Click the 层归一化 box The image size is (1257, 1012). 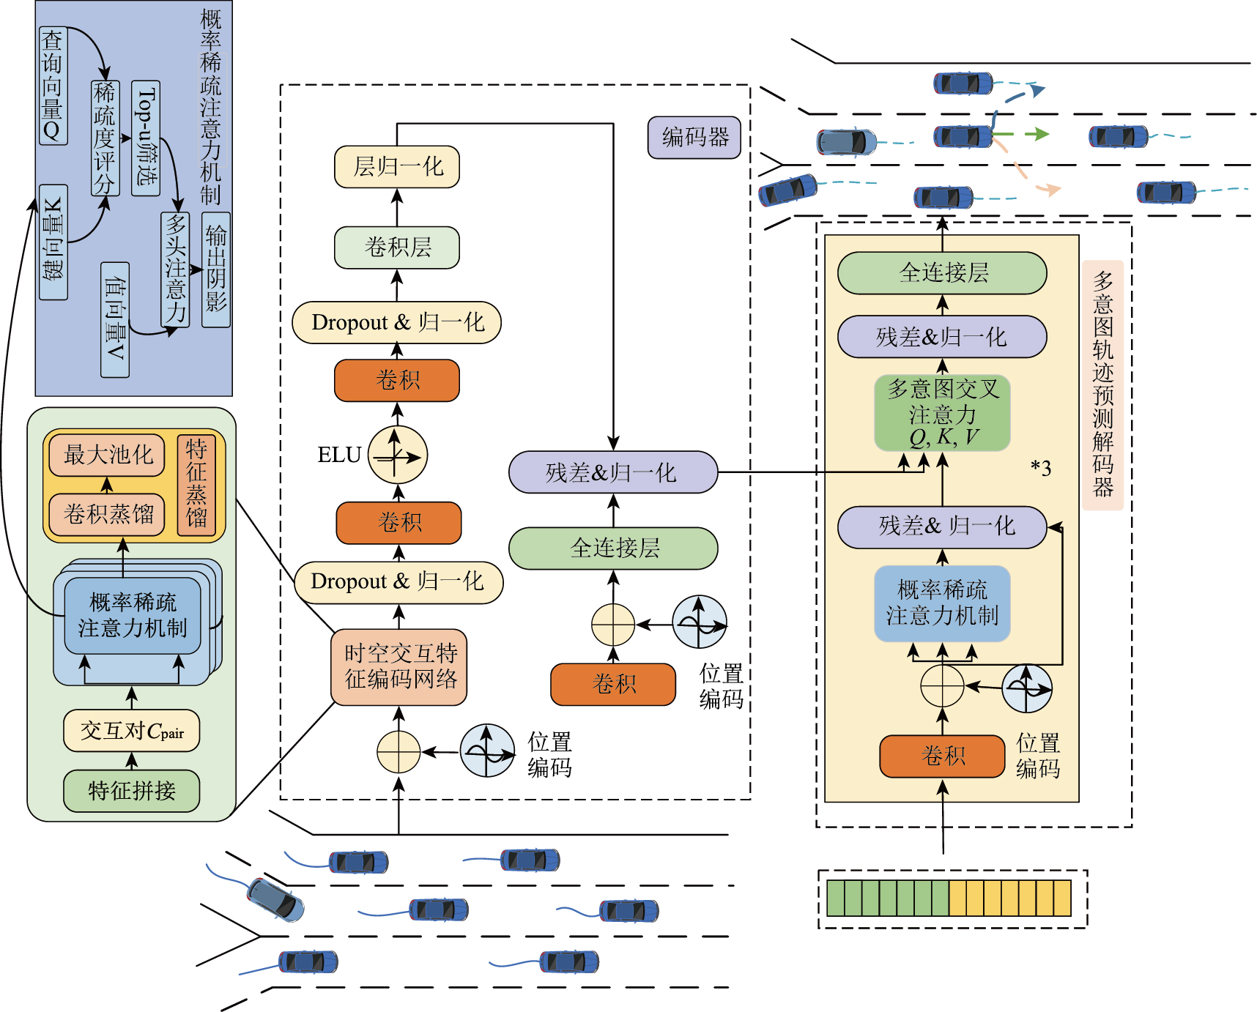coord(397,167)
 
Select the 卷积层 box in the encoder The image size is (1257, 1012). coord(397,248)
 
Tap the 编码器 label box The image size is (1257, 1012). coord(694,138)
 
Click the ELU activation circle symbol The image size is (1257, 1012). coord(397,455)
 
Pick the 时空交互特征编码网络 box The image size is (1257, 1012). coord(400,666)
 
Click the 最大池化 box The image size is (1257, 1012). coord(108,455)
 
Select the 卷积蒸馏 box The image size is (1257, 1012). coord(108,514)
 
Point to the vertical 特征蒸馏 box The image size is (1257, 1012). coord(196,484)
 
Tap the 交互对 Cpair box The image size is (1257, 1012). coord(132,731)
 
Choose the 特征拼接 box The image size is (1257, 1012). coord(132,791)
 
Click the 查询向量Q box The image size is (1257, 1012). coord(53,86)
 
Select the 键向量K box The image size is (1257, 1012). coord(53,242)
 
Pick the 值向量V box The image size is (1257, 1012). coord(115,320)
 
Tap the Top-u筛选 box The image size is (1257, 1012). coord(146,138)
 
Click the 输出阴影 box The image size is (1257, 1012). coord(216,269)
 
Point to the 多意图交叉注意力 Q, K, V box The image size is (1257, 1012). coord(942,413)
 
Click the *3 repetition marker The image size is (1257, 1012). coord(1041,468)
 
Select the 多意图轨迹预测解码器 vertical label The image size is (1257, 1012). coord(1102,385)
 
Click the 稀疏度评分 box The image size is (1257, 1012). coord(104,138)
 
